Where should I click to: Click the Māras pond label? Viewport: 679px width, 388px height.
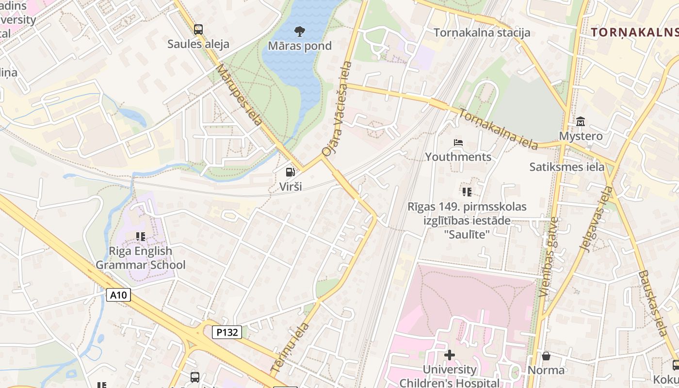pyautogui.click(x=300, y=46)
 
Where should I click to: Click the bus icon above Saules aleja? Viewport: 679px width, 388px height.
pyautogui.click(x=198, y=30)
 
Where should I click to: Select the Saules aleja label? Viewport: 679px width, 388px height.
pyautogui.click(x=198, y=44)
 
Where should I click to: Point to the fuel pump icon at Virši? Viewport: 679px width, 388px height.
pyautogui.click(x=290, y=172)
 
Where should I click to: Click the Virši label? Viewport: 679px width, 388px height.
pyautogui.click(x=290, y=186)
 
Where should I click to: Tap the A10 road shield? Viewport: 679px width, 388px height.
pyautogui.click(x=119, y=294)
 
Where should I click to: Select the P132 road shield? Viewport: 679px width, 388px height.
pyautogui.click(x=227, y=332)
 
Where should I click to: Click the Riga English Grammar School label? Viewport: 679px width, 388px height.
pyautogui.click(x=140, y=258)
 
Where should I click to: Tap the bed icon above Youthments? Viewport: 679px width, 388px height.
pyautogui.click(x=458, y=143)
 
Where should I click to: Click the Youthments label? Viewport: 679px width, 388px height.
pyautogui.click(x=458, y=157)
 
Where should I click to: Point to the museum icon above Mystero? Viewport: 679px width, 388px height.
pyautogui.click(x=581, y=121)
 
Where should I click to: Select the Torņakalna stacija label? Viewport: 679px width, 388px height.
pyautogui.click(x=482, y=32)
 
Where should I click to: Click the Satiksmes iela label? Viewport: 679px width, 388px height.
pyautogui.click(x=567, y=167)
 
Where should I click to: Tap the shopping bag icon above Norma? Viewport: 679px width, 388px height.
pyautogui.click(x=546, y=356)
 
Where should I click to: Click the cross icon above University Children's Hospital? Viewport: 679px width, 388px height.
pyautogui.click(x=450, y=355)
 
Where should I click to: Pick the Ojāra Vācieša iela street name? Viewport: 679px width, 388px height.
pyautogui.click(x=336, y=109)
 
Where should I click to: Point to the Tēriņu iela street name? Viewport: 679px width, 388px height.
pyautogui.click(x=290, y=347)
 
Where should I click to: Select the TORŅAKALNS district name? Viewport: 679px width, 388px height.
pyautogui.click(x=634, y=32)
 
